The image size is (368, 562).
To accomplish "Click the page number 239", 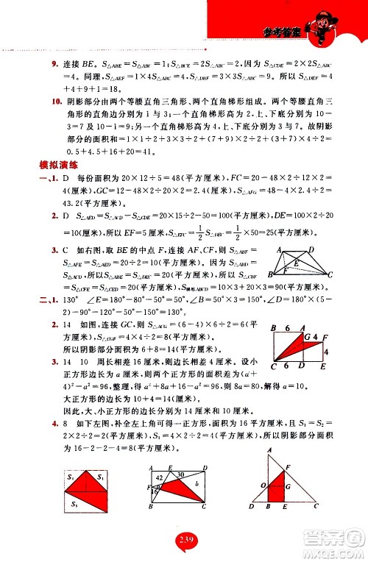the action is point(184,541).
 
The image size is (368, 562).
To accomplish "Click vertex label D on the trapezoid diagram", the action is point(313,250).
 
